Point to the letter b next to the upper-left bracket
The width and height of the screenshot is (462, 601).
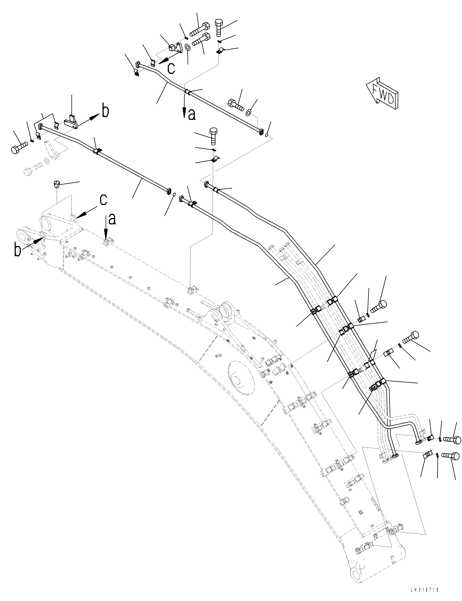pos(105,111)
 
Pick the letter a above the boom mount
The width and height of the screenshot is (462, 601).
pos(112,219)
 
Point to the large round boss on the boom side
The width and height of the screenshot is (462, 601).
pos(239,379)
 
